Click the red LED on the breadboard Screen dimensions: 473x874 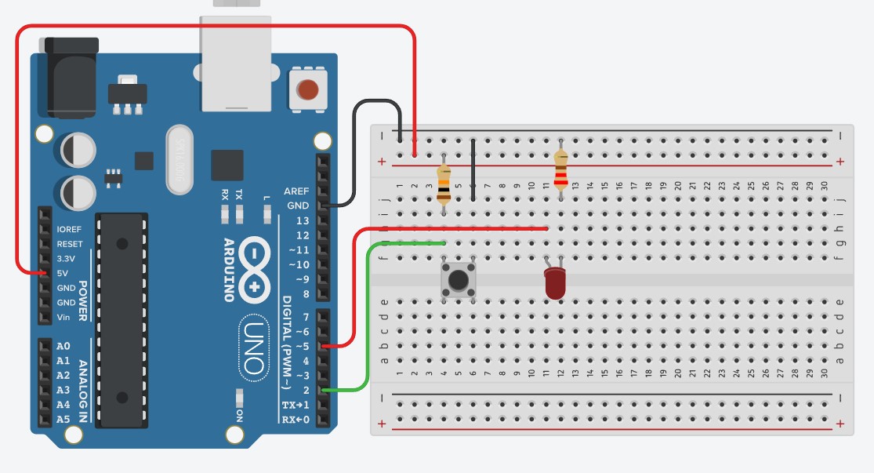tap(555, 283)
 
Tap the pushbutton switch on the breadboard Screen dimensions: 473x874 tap(459, 279)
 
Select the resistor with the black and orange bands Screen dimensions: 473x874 tap(444, 180)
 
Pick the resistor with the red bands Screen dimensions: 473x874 tap(560, 171)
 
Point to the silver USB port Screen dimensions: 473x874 tap(235, 63)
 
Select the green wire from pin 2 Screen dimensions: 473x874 tap(364, 314)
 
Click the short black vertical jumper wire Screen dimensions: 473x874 tap(473, 168)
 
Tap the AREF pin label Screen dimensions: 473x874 tap(296, 191)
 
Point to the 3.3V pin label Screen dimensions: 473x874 tap(67, 258)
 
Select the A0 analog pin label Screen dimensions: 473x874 tap(63, 346)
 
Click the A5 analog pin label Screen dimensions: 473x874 tap(63, 420)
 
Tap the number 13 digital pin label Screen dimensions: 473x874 tap(301, 220)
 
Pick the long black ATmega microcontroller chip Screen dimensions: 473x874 tap(121, 322)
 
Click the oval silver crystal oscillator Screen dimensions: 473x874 tap(185, 160)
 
